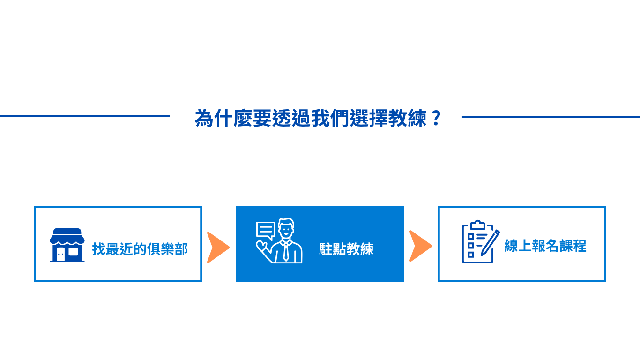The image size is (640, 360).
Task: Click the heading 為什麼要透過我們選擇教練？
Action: [x=318, y=118]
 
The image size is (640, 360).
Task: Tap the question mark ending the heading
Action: [x=436, y=118]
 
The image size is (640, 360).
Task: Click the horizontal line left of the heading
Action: [x=85, y=116]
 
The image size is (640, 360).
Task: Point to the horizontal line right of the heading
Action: [x=551, y=117]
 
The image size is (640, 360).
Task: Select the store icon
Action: [x=67, y=245]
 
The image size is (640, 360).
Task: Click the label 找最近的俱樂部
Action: [x=140, y=249]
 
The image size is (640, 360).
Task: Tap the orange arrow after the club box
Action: [x=218, y=247]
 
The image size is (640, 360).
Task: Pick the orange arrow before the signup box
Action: [x=420, y=246]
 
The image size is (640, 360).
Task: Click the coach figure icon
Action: [x=279, y=241]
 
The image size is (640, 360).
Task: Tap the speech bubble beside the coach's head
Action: [x=266, y=231]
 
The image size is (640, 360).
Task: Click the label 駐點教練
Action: [x=346, y=249]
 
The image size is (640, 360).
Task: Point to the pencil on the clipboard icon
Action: [x=490, y=243]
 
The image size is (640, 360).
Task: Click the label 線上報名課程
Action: [x=545, y=246]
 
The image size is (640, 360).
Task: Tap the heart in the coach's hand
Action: [x=261, y=245]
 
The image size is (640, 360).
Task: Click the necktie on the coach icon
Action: [x=286, y=251]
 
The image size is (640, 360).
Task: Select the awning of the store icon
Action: [x=67, y=236]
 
